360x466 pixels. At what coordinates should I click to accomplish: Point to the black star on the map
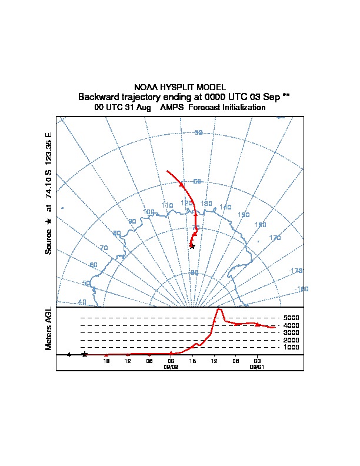pyautogui.click(x=192, y=246)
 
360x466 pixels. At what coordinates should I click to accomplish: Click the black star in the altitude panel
pyautogui.click(x=85, y=354)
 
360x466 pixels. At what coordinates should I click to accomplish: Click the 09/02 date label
pyautogui.click(x=171, y=367)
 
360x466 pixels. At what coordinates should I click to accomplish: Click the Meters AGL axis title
pyautogui.click(x=49, y=328)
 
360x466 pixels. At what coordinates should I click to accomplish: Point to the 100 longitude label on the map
pyautogui.click(x=149, y=212)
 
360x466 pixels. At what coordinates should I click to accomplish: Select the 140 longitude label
pyautogui.click(x=225, y=207)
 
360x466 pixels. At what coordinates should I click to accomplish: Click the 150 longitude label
pyautogui.click(x=244, y=215)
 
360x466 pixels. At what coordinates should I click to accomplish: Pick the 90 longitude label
pyautogui.click(x=132, y=222)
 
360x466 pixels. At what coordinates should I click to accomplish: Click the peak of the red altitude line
pyautogui.click(x=219, y=309)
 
